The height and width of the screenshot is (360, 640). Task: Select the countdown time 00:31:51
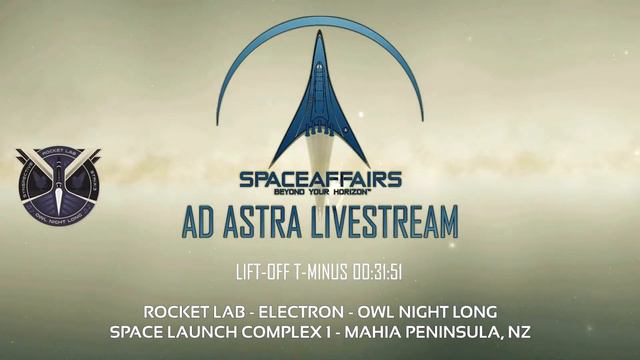pos(374,272)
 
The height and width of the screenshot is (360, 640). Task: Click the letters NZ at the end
pos(517,331)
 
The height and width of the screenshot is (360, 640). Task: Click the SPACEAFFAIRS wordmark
pos(320,179)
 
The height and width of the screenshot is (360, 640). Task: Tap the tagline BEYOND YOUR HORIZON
pos(320,193)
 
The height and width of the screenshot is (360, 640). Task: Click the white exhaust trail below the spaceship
pos(320,155)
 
